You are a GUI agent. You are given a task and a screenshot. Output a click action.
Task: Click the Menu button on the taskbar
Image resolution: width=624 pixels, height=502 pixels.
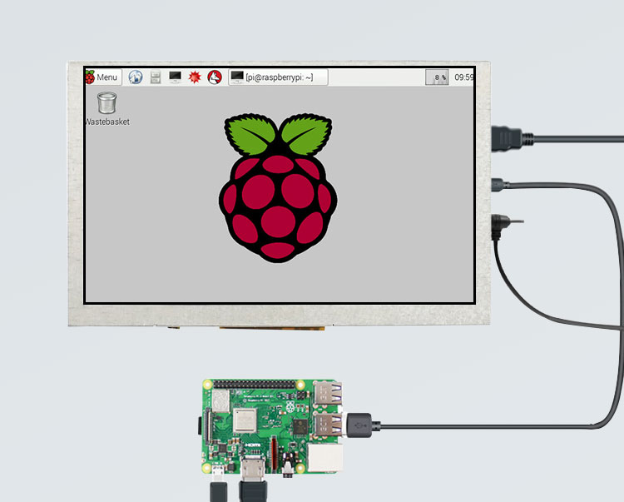[102, 77]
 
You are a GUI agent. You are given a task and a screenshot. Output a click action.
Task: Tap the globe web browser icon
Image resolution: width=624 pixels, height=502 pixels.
[135, 77]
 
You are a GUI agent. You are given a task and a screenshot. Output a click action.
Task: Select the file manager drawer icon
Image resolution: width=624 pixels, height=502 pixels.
[155, 77]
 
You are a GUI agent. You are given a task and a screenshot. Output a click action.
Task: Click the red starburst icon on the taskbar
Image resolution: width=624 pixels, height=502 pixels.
[195, 77]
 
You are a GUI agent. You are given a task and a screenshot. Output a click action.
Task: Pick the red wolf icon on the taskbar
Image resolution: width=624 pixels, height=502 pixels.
[215, 77]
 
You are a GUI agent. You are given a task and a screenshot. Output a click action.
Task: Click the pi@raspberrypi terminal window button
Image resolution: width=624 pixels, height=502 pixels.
[279, 77]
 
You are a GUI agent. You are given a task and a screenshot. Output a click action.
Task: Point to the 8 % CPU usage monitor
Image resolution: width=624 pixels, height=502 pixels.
[437, 77]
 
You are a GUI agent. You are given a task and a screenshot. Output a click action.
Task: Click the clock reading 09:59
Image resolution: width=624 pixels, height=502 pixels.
[463, 77]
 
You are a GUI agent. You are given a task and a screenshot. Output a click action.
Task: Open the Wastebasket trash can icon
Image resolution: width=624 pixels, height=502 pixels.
[106, 103]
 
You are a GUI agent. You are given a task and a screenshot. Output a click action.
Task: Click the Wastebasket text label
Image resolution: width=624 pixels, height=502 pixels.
[106, 122]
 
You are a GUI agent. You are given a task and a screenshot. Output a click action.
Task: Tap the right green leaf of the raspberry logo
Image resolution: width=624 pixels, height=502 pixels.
[305, 135]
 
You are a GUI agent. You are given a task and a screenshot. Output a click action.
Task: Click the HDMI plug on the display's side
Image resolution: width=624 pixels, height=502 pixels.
[508, 137]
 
